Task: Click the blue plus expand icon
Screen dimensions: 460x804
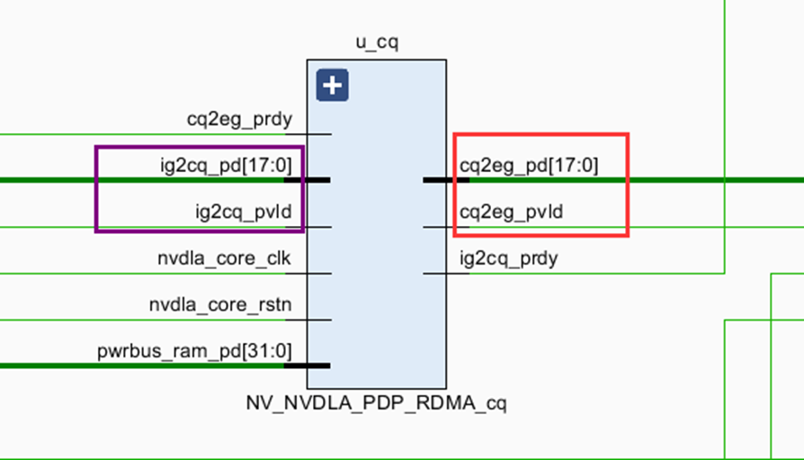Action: [x=333, y=86]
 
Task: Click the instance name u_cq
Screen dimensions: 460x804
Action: [x=376, y=43]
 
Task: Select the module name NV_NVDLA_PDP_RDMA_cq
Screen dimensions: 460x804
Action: [x=376, y=402]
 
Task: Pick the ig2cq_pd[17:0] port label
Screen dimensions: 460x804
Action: [x=236, y=165]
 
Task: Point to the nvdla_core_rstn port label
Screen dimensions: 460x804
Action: [x=220, y=305]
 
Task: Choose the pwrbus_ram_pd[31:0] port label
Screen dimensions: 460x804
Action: [x=194, y=351]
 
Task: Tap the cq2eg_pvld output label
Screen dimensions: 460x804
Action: [x=512, y=212]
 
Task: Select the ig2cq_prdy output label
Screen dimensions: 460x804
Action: [x=509, y=258]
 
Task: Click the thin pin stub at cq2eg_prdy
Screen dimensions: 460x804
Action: [x=319, y=134]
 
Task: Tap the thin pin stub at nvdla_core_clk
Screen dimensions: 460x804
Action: [x=319, y=273]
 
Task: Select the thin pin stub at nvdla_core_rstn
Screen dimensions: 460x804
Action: [x=319, y=320]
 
